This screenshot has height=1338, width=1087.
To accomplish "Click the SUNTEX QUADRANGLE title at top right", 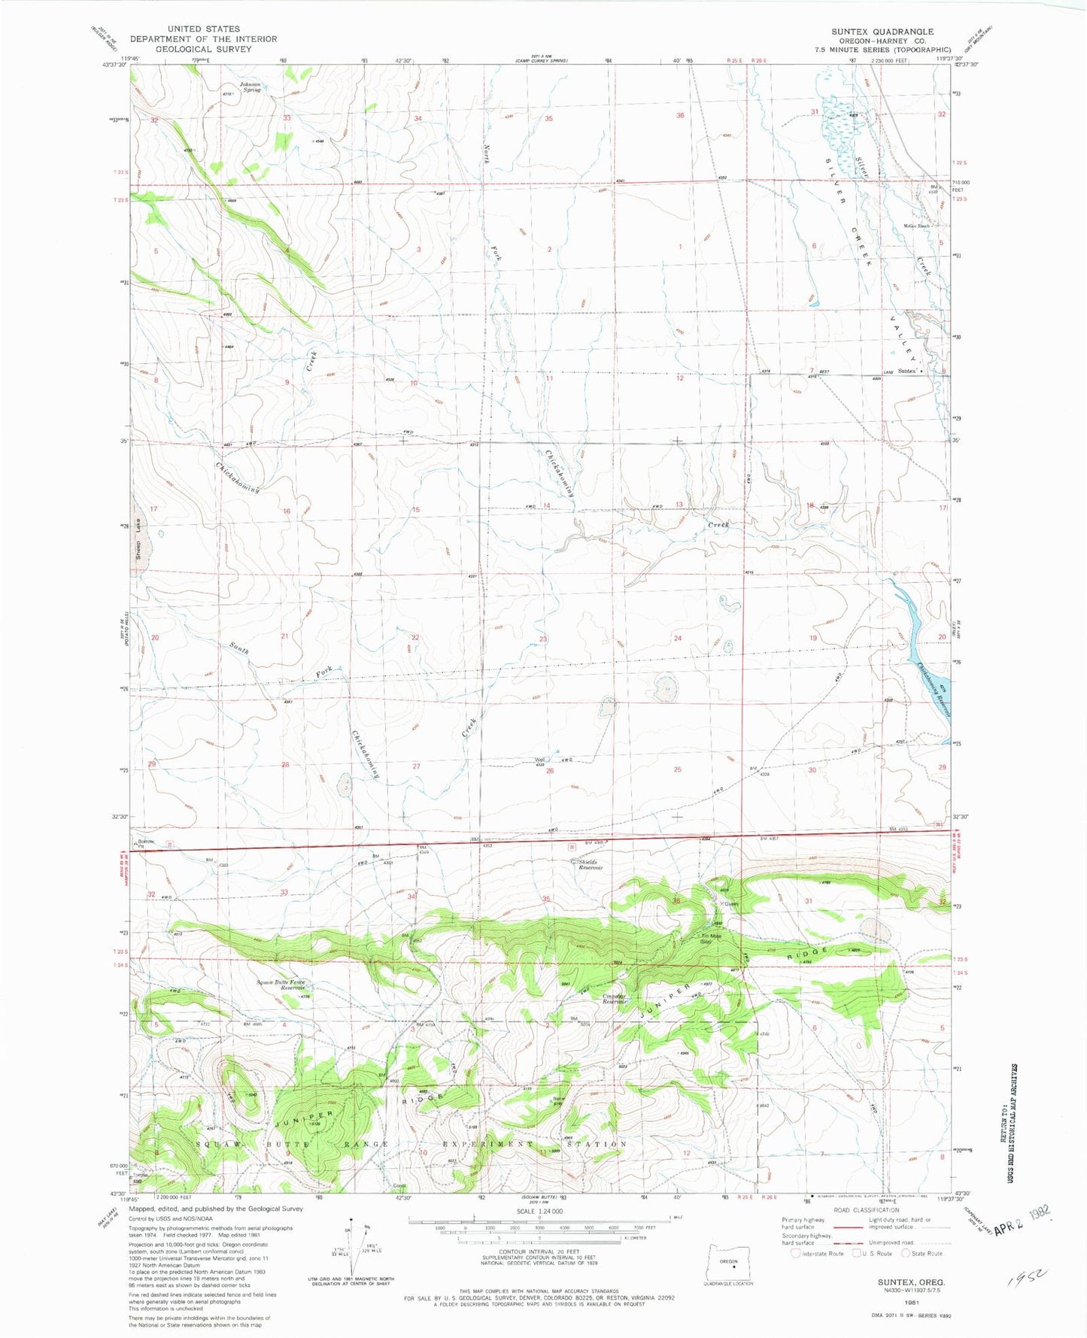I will (x=882, y=32).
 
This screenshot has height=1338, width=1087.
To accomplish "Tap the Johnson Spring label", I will (x=250, y=86).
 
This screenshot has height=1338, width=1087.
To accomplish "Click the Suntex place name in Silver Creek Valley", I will (x=907, y=371).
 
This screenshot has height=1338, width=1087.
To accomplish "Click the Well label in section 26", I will (x=539, y=760).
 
